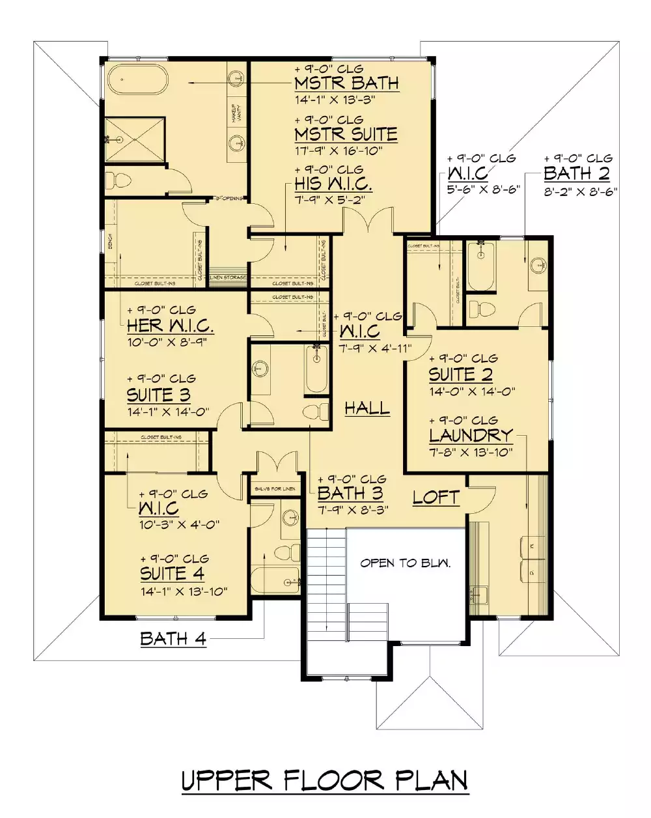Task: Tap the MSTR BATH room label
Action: click(x=346, y=83)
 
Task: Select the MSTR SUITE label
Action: click(x=346, y=134)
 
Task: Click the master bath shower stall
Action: click(x=134, y=139)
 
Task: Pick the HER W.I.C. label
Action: click(x=170, y=326)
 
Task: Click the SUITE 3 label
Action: click(x=158, y=395)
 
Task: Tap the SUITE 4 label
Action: click(x=172, y=574)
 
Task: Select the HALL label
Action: click(x=367, y=408)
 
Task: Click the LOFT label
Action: click(x=436, y=498)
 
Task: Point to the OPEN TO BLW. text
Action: click(x=406, y=563)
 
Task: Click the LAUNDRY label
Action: click(x=471, y=435)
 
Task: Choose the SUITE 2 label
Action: click(x=460, y=374)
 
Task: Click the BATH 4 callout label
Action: click(x=173, y=638)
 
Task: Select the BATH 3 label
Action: click(x=350, y=494)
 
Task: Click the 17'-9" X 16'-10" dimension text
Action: click(x=338, y=150)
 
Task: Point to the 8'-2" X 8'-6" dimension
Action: click(x=580, y=191)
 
